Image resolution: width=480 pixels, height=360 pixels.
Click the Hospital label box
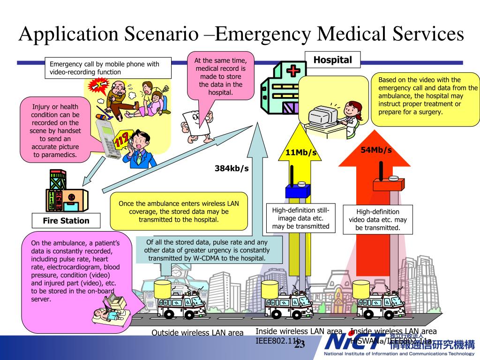[x=332, y=60]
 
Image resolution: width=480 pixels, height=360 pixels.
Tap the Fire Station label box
[x=66, y=221]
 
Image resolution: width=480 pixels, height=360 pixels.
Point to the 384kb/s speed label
[x=232, y=168]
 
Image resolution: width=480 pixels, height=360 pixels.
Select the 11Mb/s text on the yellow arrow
[x=301, y=153]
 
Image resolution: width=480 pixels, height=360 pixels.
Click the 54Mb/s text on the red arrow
[x=376, y=150]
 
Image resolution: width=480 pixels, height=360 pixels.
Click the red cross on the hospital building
[x=293, y=71]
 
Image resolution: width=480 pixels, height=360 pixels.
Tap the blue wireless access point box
[x=298, y=190]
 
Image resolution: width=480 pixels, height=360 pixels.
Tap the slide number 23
[x=300, y=345]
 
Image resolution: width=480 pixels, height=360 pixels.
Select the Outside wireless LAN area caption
[x=197, y=333]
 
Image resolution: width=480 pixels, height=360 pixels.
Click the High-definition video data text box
[x=378, y=219]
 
